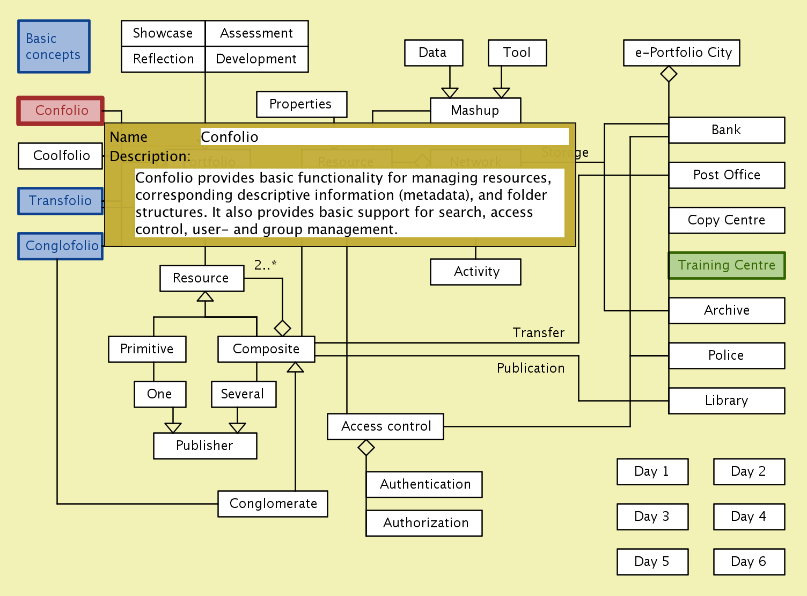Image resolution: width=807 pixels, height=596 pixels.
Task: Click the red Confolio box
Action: point(61,111)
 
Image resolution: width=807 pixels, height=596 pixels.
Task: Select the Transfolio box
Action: point(60,201)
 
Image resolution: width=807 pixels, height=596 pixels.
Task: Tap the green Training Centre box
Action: point(727,265)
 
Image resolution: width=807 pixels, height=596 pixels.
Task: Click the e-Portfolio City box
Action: point(681,53)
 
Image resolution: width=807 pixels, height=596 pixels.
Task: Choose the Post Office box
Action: point(727,175)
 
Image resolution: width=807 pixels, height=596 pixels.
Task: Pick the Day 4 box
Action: point(749,517)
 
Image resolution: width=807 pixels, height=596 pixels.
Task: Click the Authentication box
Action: point(424,484)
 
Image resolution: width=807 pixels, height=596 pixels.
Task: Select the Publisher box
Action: point(205,446)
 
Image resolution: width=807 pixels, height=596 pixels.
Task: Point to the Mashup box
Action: point(475,111)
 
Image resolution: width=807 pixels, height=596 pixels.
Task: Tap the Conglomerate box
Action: point(273,504)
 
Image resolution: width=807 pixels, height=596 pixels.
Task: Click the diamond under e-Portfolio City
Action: point(669,74)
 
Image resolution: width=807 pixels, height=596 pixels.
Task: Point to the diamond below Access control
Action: point(366,447)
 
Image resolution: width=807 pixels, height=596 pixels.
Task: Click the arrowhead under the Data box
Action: point(450,92)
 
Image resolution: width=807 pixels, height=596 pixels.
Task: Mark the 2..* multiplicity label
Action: point(265,265)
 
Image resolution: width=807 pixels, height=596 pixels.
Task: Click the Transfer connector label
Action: point(538,333)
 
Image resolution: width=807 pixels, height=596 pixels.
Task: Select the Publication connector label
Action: point(530,368)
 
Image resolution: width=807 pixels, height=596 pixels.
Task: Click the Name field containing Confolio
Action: point(384,136)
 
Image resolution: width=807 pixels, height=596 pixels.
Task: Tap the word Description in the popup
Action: point(150,157)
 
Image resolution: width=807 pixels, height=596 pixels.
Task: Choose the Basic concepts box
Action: point(54,47)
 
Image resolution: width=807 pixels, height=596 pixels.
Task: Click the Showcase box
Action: point(163,33)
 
